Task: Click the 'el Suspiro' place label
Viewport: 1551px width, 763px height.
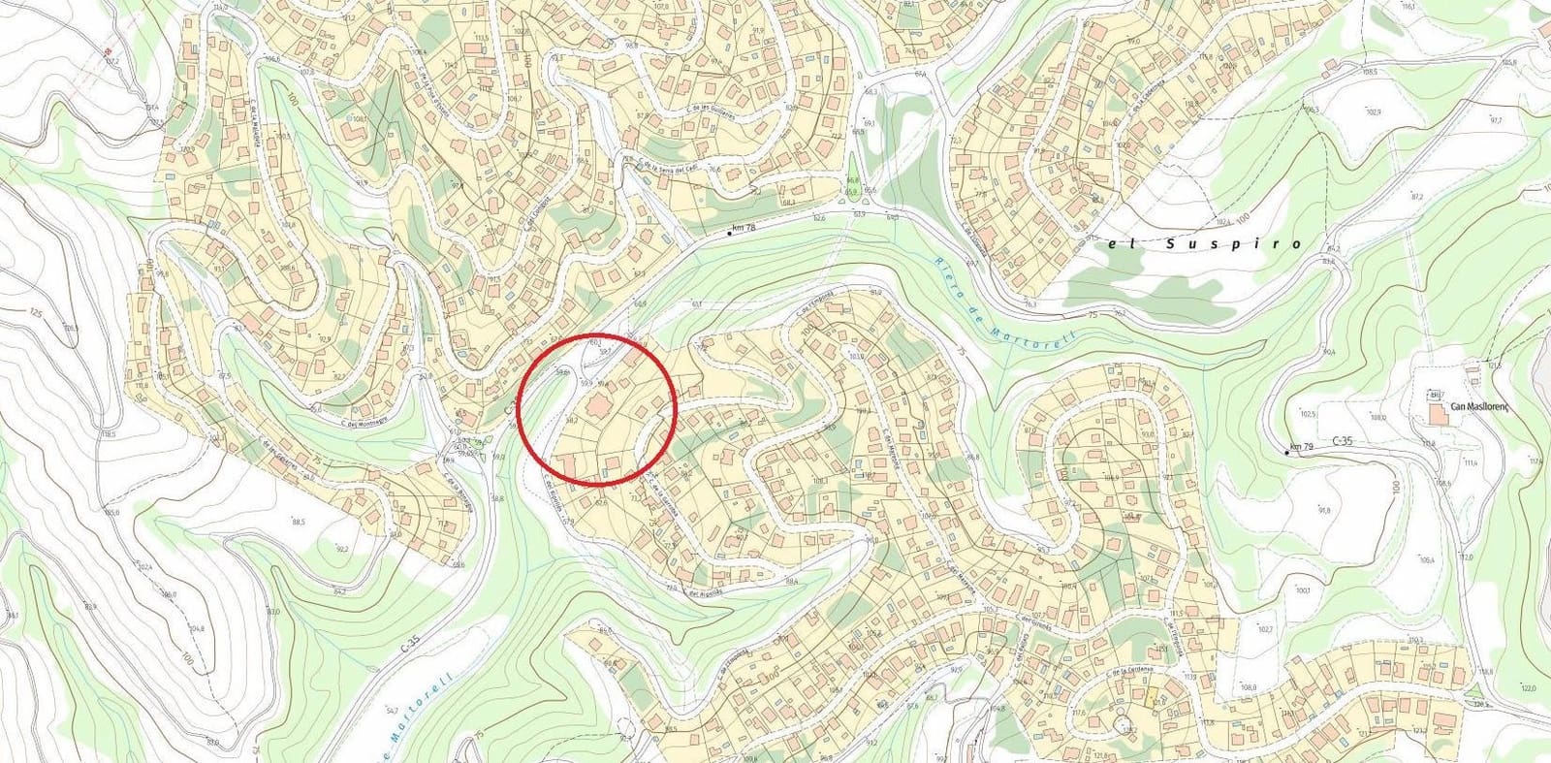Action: point(1205,244)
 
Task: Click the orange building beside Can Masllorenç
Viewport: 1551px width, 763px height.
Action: point(1435,414)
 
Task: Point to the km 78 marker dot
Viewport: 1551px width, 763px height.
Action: point(729,234)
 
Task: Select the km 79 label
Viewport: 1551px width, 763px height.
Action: point(1301,448)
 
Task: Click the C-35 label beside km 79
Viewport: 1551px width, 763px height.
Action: point(1343,441)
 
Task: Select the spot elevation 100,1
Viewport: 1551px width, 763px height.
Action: point(1302,589)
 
